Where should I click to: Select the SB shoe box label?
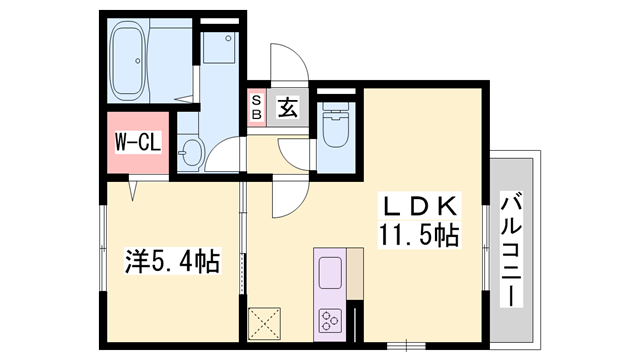coord(256,108)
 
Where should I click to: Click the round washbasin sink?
coord(191,154)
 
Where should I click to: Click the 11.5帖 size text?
coord(419,237)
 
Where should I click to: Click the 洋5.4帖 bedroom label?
coord(172,263)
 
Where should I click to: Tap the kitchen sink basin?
coord(329,271)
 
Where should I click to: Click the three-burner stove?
coord(329,319)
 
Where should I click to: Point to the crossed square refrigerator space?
coord(268,321)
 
